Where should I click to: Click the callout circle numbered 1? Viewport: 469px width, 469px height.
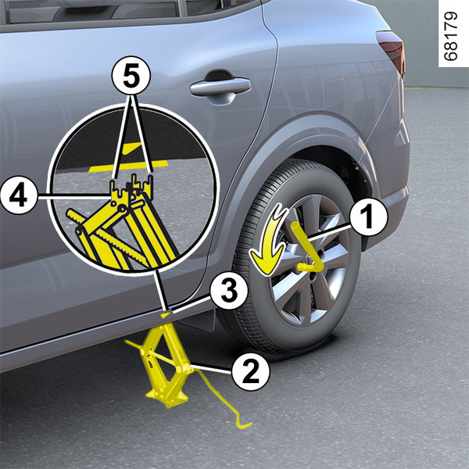(368, 217)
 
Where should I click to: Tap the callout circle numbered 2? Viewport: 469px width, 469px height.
(251, 371)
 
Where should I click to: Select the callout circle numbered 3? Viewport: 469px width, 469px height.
(229, 291)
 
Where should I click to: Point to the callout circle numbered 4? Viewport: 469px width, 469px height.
(19, 195)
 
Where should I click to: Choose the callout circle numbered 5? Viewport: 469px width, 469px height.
(131, 75)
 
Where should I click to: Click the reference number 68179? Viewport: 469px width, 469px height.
(452, 36)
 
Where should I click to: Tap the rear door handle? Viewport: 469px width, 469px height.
(220, 87)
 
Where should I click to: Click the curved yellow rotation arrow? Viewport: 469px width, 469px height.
(268, 239)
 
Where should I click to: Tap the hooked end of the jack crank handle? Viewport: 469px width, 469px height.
(243, 422)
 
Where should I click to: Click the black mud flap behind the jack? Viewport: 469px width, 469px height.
(198, 320)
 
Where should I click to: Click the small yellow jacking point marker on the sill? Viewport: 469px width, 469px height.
(166, 315)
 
